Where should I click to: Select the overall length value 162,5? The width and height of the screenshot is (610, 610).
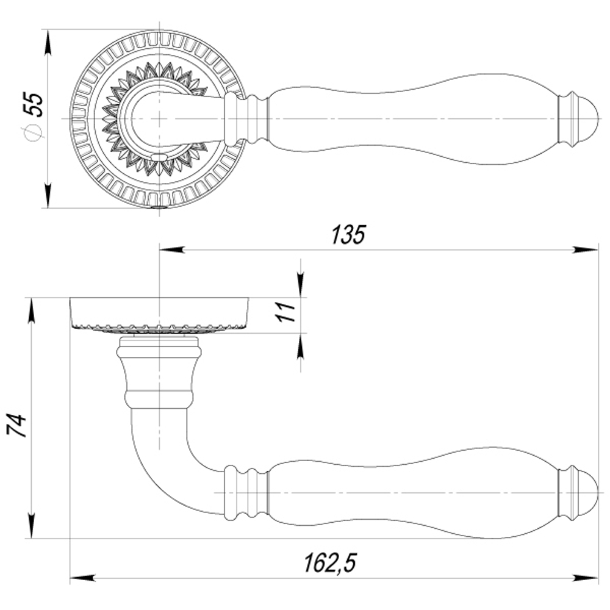click(x=330, y=562)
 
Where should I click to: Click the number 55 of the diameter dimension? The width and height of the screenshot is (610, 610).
click(x=34, y=105)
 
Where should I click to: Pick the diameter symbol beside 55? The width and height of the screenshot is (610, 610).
click(x=34, y=132)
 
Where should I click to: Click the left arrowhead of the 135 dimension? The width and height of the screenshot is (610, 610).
click(x=171, y=249)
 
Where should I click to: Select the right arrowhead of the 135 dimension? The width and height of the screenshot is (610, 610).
click(x=586, y=249)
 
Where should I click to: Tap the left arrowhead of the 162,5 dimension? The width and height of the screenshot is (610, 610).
click(x=82, y=577)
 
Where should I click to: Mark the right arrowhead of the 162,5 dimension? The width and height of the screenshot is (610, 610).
click(x=586, y=577)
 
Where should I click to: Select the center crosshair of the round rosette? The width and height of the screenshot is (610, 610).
click(x=159, y=118)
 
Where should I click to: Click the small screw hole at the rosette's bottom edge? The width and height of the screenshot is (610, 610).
click(x=159, y=207)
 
